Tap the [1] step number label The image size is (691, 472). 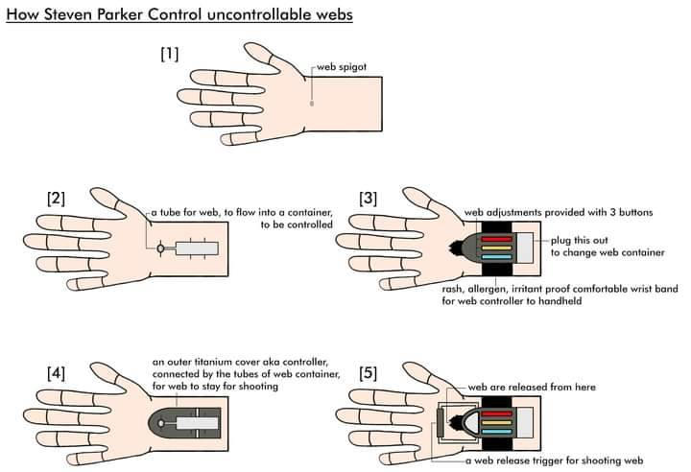coord(170,55)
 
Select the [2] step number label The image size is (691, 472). coord(56,199)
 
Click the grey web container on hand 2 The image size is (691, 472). coord(199,248)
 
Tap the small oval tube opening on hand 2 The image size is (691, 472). coord(160,248)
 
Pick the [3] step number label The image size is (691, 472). coord(368,199)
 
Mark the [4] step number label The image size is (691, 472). coord(56,373)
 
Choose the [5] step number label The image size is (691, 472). coord(368,373)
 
